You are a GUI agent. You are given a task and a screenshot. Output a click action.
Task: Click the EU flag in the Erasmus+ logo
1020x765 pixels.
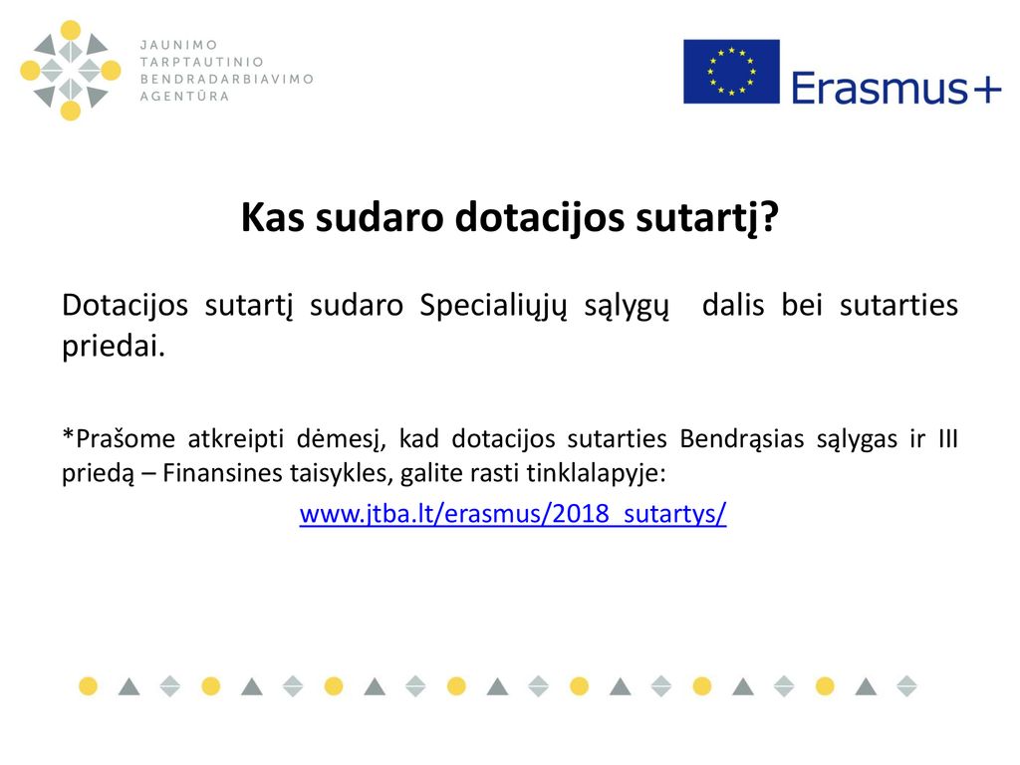tap(731, 72)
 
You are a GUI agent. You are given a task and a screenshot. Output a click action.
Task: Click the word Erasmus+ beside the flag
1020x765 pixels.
tap(896, 89)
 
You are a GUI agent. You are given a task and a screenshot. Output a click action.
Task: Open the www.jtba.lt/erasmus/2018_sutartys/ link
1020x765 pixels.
tap(513, 513)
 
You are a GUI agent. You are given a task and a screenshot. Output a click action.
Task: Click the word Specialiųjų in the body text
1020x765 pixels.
tap(493, 306)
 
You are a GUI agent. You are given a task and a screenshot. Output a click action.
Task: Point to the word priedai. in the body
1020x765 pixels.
tap(114, 346)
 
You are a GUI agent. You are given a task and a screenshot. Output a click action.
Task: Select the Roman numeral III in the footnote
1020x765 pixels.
tap(948, 439)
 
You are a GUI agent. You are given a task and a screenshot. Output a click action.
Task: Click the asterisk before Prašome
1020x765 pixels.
tap(69, 433)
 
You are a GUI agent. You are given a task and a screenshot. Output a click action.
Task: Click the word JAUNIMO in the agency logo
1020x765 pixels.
tap(179, 45)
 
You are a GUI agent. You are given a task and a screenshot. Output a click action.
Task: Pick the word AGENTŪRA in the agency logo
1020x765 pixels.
tap(184, 96)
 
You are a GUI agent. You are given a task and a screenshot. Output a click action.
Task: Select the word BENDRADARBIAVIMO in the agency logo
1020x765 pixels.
tap(227, 79)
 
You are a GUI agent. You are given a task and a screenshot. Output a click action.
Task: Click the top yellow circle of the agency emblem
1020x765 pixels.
tap(71, 30)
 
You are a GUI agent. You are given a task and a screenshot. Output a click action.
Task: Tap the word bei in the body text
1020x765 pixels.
tap(802, 305)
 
